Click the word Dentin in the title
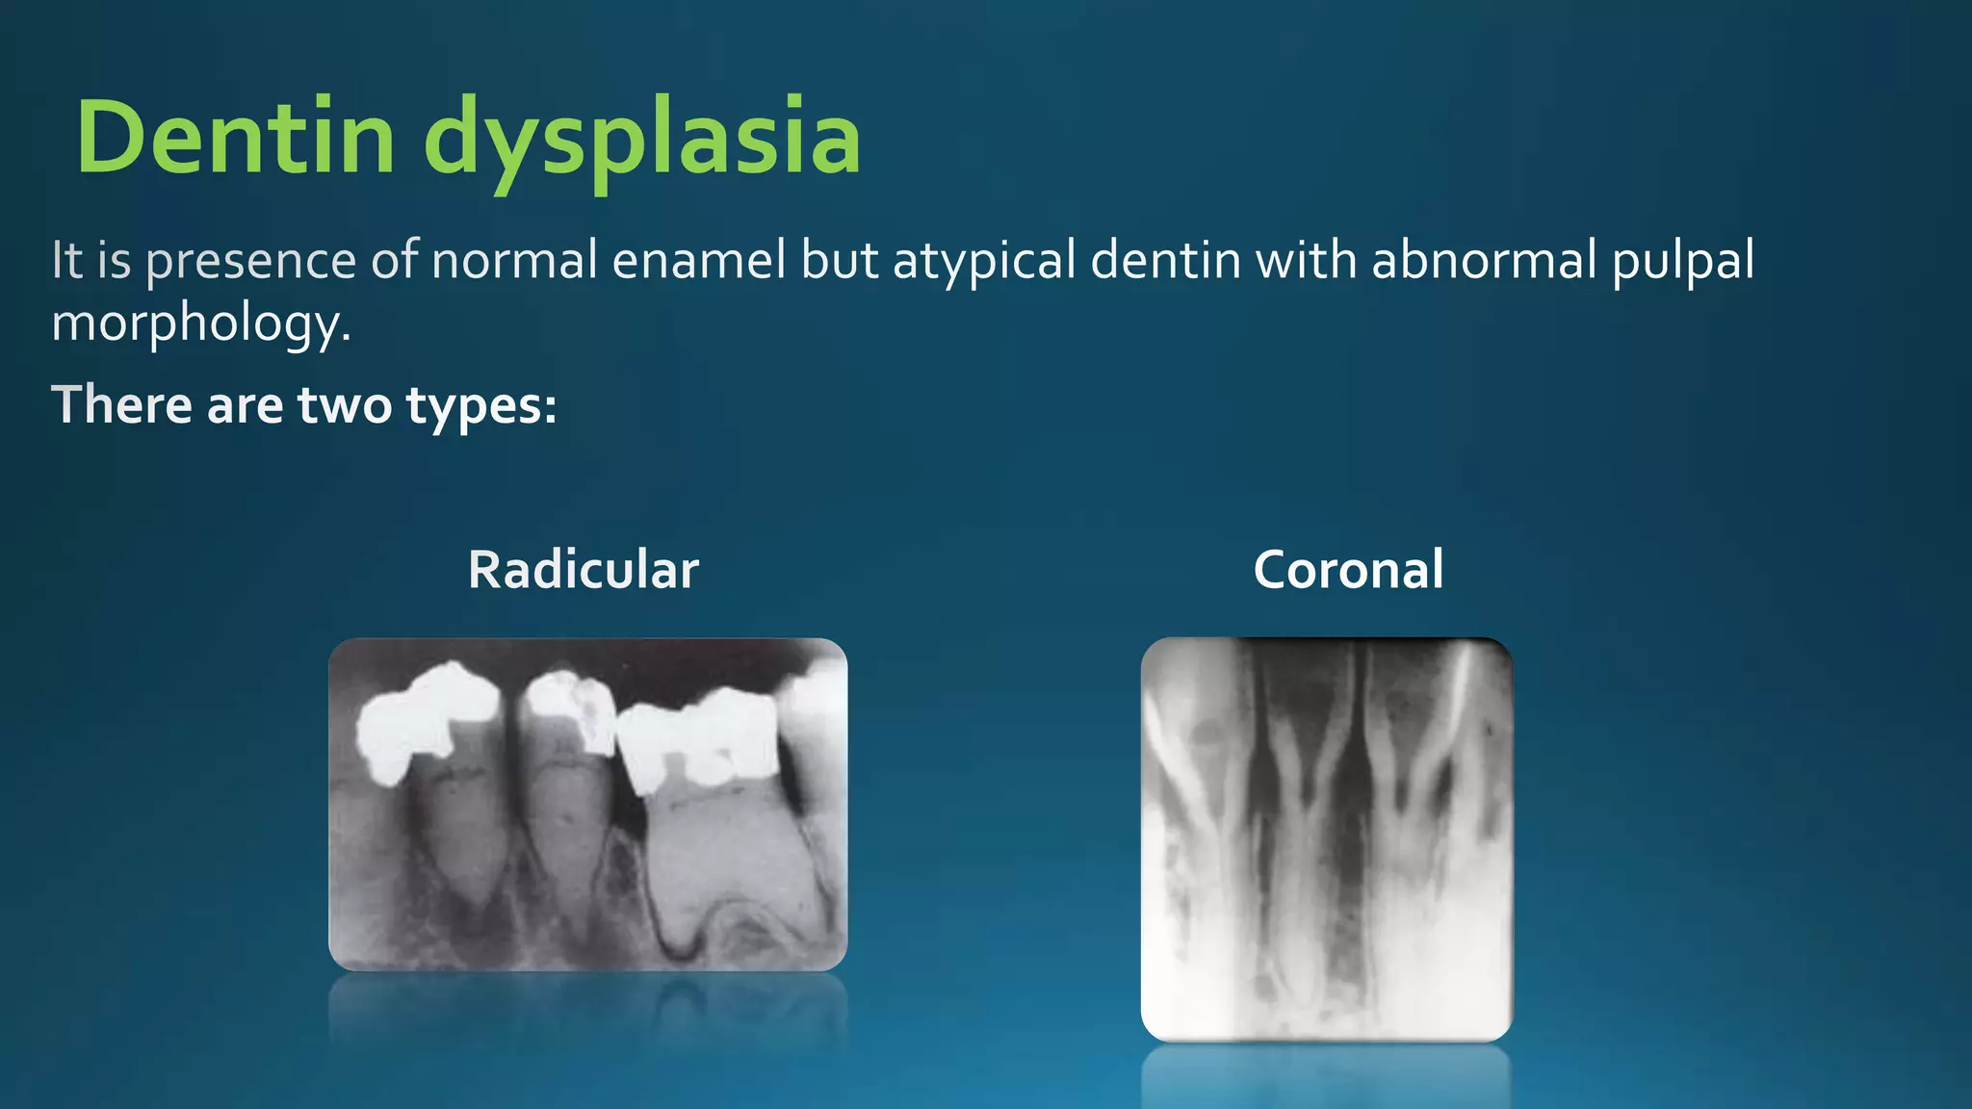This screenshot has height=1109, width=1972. (x=236, y=138)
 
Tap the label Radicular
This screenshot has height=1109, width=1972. (x=583, y=570)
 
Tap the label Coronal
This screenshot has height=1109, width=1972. (x=1348, y=570)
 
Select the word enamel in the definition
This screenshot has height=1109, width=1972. (x=699, y=261)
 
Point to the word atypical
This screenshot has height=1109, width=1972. (x=984, y=261)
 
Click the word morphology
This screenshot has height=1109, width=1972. (x=200, y=323)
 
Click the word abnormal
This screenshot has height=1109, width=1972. (x=1483, y=261)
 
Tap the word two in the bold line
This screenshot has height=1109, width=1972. (x=345, y=405)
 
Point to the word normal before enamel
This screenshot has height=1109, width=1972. (x=514, y=261)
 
